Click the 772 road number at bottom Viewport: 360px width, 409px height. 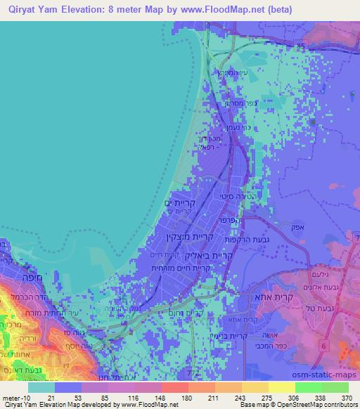(x=186, y=370)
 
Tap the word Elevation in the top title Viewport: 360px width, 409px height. (x=89, y=10)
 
